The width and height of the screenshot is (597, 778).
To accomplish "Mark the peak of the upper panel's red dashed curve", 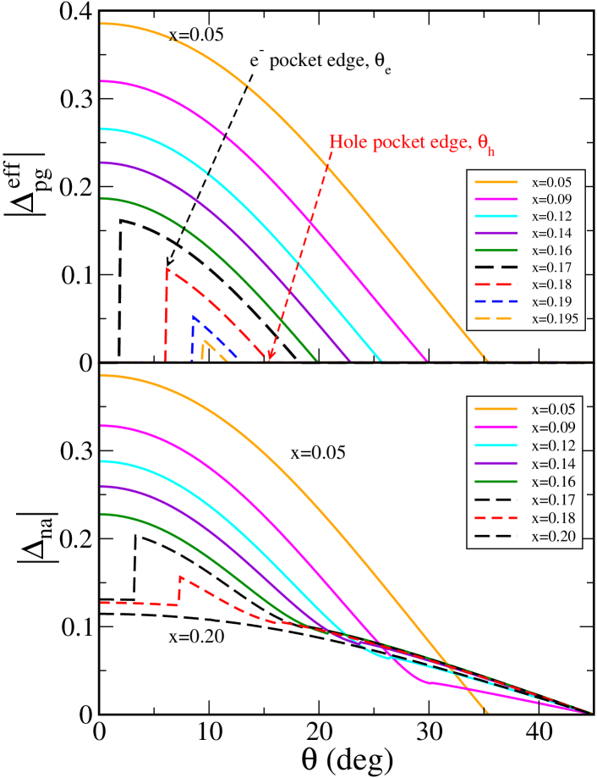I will pyautogui.click(x=167, y=269).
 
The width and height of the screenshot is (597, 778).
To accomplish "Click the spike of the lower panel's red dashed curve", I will pyautogui.click(x=180, y=577).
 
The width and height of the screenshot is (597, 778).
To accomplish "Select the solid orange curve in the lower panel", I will pyautogui.click(x=338, y=508).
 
